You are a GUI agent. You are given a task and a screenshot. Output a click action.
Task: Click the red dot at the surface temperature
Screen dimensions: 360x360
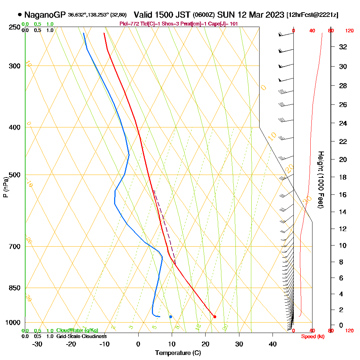coord(215,317)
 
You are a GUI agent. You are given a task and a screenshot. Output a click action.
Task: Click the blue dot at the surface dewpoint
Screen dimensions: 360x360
coord(171,317)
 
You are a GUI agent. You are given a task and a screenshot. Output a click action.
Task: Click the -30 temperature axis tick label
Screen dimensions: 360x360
coord(37,344)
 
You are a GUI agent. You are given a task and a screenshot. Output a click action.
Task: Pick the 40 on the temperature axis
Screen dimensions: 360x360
coord(273,344)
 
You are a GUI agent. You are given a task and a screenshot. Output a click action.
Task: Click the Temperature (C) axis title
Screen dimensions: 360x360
coord(178,353)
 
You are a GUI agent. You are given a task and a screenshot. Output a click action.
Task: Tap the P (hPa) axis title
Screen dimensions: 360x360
coord(5,187)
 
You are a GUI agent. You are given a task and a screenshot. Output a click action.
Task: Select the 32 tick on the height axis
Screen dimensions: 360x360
coord(343,47)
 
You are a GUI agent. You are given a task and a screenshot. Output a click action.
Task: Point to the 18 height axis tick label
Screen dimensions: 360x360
coord(343,177)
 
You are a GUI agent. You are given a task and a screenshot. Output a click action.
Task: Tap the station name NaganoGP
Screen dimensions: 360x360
coord(45,15)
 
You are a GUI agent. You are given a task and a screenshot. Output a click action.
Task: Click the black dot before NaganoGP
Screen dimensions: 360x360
coord(19,15)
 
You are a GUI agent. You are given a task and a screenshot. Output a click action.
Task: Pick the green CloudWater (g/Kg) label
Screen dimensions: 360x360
coord(77,330)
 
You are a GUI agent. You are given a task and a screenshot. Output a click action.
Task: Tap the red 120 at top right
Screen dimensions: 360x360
coord(349,31)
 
